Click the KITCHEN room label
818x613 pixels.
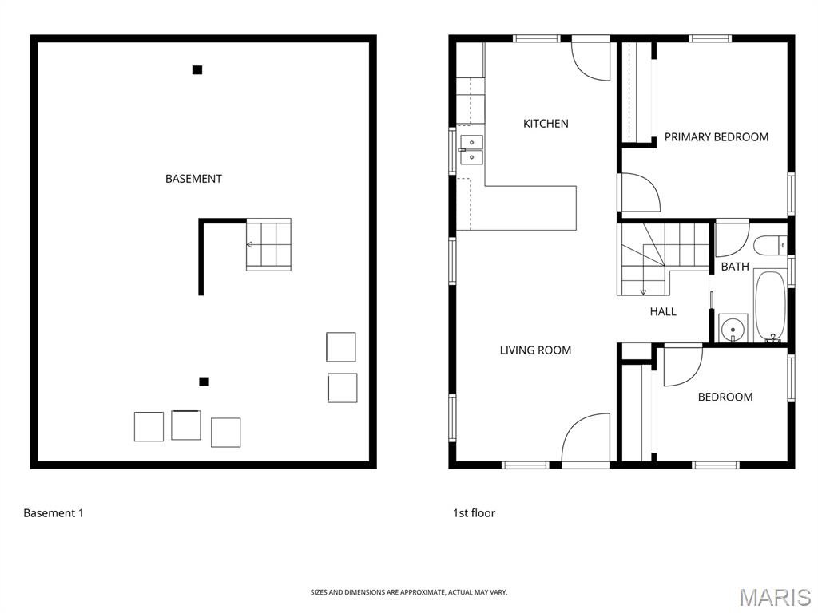[546, 124]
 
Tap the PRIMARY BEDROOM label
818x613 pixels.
[717, 137]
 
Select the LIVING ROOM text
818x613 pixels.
[535, 350]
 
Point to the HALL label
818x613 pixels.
[663, 312]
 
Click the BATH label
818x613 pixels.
[735, 267]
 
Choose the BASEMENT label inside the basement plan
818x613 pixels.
[193, 179]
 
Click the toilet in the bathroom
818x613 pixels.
[770, 245]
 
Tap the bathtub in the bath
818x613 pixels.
[770, 306]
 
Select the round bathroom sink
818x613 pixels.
[733, 328]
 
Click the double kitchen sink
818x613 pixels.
[471, 149]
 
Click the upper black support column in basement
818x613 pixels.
[197, 70]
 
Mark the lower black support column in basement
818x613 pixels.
[204, 382]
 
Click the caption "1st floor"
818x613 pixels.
[474, 513]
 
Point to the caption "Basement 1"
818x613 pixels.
[54, 513]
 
